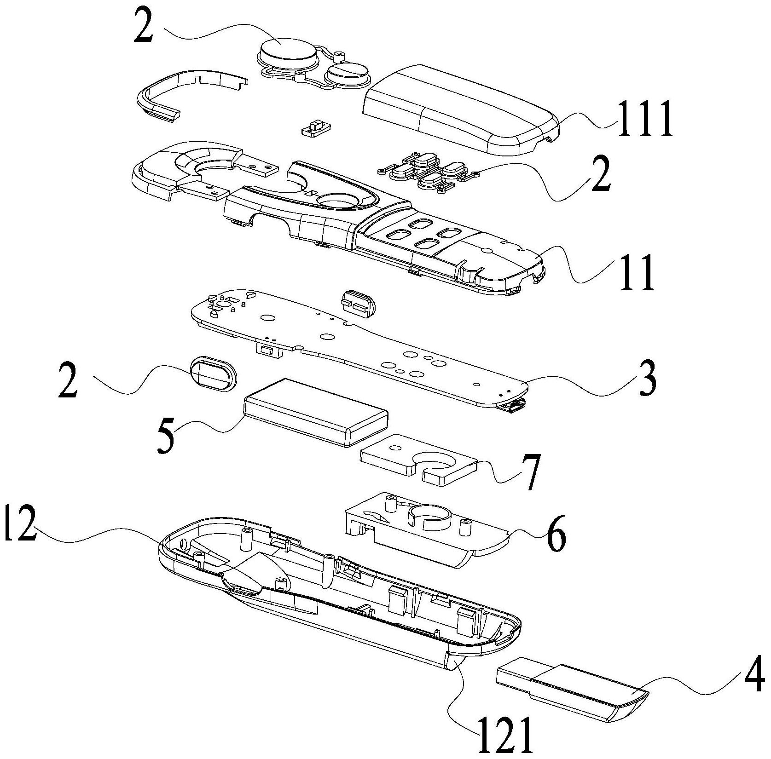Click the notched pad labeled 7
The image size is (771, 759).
[419, 465]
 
